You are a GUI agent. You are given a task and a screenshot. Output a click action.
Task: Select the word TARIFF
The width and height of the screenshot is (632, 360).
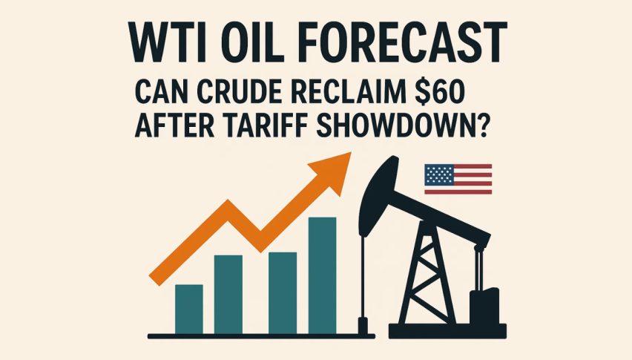266,126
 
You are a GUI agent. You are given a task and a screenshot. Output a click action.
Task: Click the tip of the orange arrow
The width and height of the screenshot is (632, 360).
351,153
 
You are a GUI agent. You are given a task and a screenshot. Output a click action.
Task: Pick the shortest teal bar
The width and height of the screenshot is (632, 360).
189,310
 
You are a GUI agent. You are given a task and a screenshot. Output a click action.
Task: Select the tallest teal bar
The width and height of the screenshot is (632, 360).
323,275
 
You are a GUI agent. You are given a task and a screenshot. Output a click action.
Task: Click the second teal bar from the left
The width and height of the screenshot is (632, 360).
228,295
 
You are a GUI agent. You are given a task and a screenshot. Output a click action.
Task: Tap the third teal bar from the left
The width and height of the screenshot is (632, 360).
283,293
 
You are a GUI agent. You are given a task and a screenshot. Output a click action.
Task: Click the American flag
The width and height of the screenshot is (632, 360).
458,179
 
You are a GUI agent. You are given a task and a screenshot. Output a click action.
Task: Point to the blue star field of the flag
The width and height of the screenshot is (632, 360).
439,174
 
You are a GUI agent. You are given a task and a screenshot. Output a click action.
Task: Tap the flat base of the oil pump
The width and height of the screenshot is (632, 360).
447,331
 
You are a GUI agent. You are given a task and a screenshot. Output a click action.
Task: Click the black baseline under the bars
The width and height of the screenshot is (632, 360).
261,336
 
